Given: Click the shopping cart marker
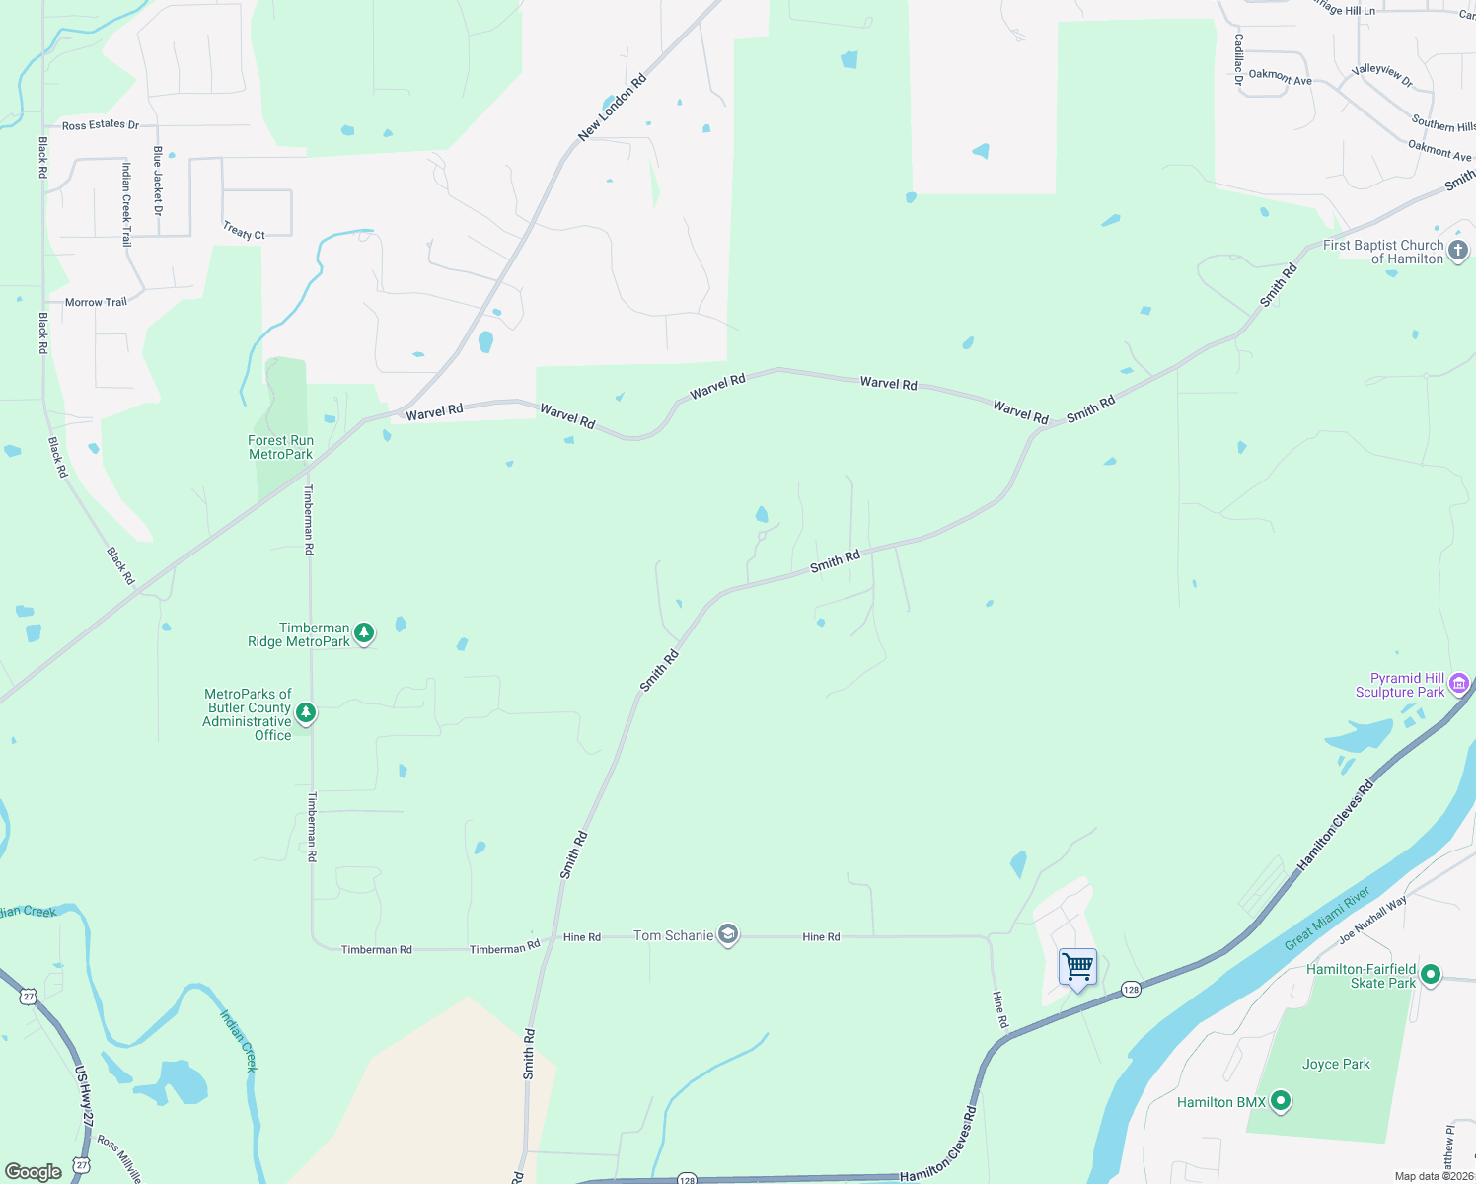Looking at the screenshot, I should click(1077, 967).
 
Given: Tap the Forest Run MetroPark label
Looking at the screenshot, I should click(281, 448).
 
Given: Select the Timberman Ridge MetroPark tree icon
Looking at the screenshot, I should click(364, 632).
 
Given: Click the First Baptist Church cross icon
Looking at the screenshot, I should click(1458, 251).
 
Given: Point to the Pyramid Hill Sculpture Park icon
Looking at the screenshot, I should click(1459, 683).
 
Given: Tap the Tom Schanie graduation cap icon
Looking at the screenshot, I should click(728, 935).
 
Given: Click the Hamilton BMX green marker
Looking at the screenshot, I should click(1281, 1100).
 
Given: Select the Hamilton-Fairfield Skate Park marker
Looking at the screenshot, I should click(1431, 975).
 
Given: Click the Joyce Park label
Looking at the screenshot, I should click(1336, 1064).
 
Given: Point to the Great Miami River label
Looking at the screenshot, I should click(1327, 920).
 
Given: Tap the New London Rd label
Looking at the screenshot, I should click(612, 108).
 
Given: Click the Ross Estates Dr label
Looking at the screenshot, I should click(101, 125).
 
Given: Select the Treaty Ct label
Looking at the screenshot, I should click(244, 231).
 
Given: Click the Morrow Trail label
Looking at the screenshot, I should click(96, 302).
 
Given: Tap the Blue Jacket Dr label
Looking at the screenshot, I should click(158, 181).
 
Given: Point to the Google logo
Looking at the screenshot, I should click(34, 1172).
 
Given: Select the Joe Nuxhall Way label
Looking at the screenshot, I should click(1372, 921).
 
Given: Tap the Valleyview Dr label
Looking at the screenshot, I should click(1382, 75).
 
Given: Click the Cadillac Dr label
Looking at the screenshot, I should click(1238, 59).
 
